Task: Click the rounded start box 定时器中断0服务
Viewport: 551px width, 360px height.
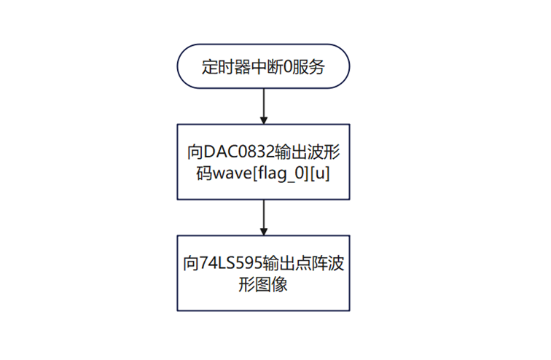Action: coord(263,66)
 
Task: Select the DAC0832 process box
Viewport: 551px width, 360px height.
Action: coord(263,162)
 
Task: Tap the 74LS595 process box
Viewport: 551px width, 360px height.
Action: coord(263,273)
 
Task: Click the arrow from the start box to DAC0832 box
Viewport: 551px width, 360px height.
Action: coord(264,106)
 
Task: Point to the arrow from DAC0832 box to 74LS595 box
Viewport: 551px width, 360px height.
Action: coord(264,217)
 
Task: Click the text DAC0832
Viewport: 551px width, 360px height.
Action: coord(239,152)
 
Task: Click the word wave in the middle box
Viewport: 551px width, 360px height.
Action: coord(232,173)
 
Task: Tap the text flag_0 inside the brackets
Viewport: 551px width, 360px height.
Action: coord(279,174)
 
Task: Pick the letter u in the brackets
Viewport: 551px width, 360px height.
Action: coord(320,174)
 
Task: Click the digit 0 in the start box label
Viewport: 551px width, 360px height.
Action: coord(287,67)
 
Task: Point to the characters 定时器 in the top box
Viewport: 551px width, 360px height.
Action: coord(226,67)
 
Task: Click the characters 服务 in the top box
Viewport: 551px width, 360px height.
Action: coord(308,67)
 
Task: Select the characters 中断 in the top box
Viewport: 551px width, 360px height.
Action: coord(267,67)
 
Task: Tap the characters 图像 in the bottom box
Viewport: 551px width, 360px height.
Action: coord(272,284)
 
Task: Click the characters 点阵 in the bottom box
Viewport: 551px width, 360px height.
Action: coord(311,263)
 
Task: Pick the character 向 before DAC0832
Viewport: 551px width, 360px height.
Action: coord(195,152)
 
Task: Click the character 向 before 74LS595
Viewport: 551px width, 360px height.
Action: coord(191,263)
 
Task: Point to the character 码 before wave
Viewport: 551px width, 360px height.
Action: coord(204,173)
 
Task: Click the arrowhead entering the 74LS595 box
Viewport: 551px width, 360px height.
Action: coord(264,232)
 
